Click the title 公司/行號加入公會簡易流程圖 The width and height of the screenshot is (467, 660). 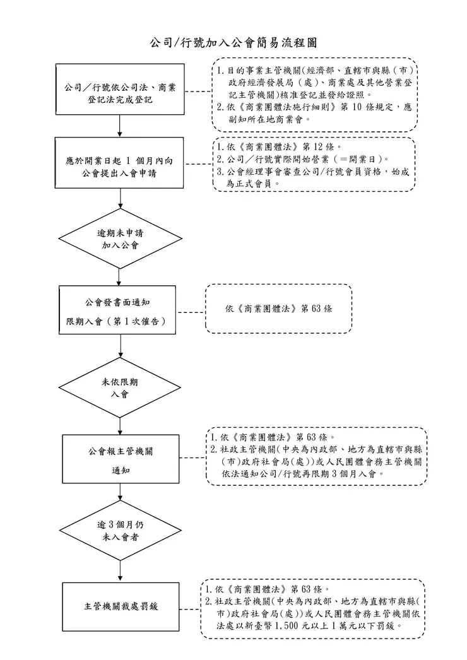233,43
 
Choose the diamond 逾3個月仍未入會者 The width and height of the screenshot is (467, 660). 120,532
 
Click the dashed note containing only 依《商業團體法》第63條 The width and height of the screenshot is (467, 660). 278,309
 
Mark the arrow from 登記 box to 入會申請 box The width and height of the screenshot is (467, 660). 120,127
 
